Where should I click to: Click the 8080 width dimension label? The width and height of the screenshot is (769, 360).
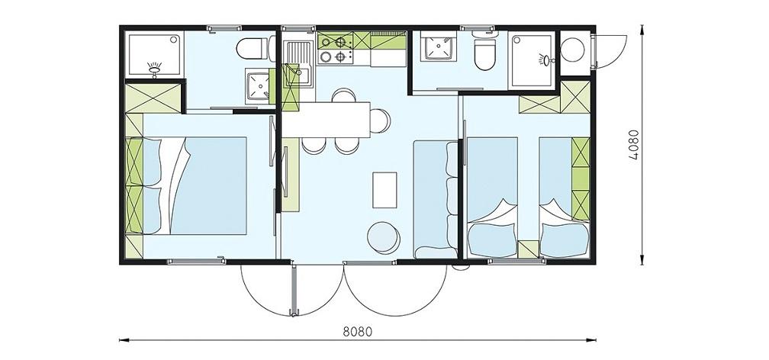(x=358, y=332)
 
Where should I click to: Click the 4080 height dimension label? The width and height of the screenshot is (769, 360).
(x=633, y=145)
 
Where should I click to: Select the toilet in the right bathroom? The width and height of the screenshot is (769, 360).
(x=484, y=54)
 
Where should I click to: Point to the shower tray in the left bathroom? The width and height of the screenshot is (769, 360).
(x=154, y=54)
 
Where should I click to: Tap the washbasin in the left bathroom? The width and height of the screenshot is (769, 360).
(x=258, y=86)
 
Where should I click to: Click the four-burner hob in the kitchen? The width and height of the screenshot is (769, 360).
(x=336, y=50)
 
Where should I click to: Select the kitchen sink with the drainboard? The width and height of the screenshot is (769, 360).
(x=298, y=64)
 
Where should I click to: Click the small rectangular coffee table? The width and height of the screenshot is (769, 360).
(x=384, y=189)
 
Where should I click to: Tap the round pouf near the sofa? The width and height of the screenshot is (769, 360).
(x=384, y=238)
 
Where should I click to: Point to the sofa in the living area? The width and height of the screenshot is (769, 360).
(x=436, y=199)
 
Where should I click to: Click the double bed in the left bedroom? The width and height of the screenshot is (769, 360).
(x=195, y=186)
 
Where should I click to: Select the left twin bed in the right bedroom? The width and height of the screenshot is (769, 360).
(x=492, y=198)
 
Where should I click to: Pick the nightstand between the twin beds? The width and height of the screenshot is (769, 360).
(x=528, y=249)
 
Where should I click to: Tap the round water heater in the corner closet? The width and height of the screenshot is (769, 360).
(x=572, y=50)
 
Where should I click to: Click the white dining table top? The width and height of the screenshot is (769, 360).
(x=327, y=120)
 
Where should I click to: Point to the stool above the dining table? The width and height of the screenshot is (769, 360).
(x=344, y=95)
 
